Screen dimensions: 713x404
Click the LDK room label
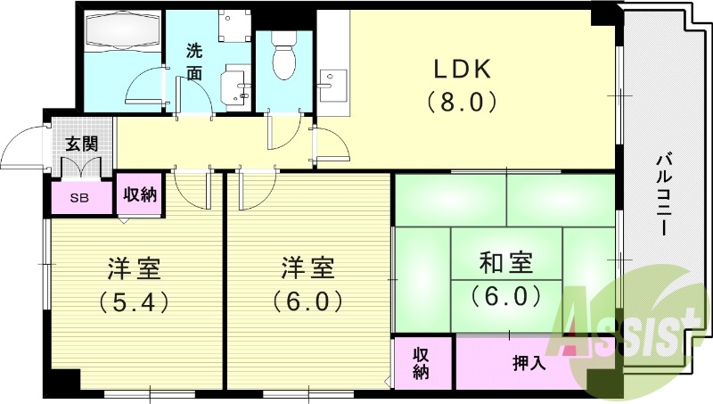pos(462,70)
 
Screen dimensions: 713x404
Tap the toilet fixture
pos(284,56)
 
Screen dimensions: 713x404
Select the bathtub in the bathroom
pos(123,30)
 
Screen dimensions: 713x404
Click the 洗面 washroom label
pos(194,62)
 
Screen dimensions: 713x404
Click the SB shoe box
pos(81,197)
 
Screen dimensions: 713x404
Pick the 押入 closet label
pos(529,364)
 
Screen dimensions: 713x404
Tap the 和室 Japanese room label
pos(506,263)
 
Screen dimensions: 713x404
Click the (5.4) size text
pos(135,301)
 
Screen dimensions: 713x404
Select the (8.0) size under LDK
pos(462,102)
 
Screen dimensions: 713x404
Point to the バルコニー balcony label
pos(663,195)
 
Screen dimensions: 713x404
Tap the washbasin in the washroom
pos(235,87)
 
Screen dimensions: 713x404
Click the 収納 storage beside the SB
pos(140,194)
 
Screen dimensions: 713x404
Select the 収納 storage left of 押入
pos(422,363)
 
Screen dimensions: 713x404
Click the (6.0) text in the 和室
pos(506,296)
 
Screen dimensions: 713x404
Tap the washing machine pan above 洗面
pos(234,26)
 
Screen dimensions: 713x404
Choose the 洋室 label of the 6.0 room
pos(307,268)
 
